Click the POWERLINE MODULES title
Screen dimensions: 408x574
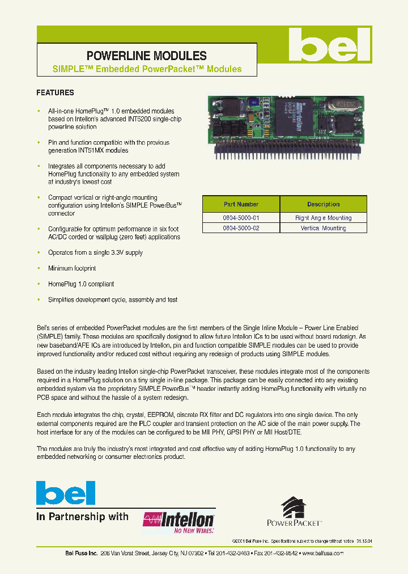coord(146,56)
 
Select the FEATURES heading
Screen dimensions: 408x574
coord(55,92)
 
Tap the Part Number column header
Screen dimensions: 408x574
coord(241,204)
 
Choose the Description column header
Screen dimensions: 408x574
coord(323,204)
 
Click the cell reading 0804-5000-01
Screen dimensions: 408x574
coord(241,218)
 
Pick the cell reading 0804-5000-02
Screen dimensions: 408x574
coord(241,228)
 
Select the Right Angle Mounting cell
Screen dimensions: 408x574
coord(323,218)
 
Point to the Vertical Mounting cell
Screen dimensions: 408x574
coord(323,228)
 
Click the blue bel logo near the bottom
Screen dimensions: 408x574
coord(66,493)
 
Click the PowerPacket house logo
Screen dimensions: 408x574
coord(295,511)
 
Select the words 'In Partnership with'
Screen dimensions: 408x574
coord(82,517)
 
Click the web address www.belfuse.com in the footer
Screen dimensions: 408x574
coord(322,554)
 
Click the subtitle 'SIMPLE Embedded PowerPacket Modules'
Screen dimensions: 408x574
coord(147,69)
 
